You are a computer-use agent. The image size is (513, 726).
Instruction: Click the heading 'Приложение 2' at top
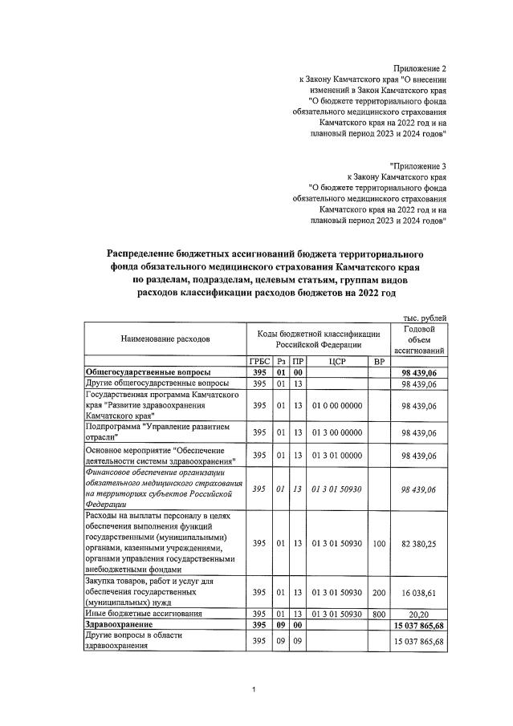click(421, 68)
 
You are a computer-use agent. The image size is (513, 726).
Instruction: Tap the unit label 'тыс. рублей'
click(425, 318)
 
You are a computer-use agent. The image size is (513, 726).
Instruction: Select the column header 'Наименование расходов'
click(165, 339)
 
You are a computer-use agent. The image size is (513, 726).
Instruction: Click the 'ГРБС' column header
click(259, 361)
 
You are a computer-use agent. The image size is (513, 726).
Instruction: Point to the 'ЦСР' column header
click(336, 361)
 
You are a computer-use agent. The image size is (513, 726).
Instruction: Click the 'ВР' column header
click(379, 361)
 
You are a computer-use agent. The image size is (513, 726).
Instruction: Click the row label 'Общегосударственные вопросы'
click(149, 373)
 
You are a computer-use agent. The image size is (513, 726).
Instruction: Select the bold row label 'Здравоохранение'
click(120, 623)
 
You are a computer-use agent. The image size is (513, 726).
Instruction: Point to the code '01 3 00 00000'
click(336, 432)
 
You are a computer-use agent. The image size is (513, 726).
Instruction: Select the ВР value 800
click(379, 613)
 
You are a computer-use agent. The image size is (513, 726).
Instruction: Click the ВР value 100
click(379, 543)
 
